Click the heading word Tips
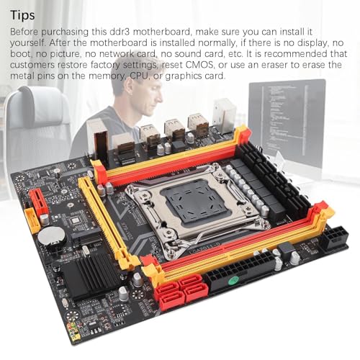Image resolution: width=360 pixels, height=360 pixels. pos(22,15)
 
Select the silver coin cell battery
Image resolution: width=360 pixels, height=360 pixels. pos(52,236)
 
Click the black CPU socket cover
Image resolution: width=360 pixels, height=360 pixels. pos(194,201)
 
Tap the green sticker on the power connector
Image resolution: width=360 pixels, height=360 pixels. pos(234,280)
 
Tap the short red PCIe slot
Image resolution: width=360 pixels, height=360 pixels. pos(38,201)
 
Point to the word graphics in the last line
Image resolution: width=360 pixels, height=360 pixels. pos(184,76)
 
